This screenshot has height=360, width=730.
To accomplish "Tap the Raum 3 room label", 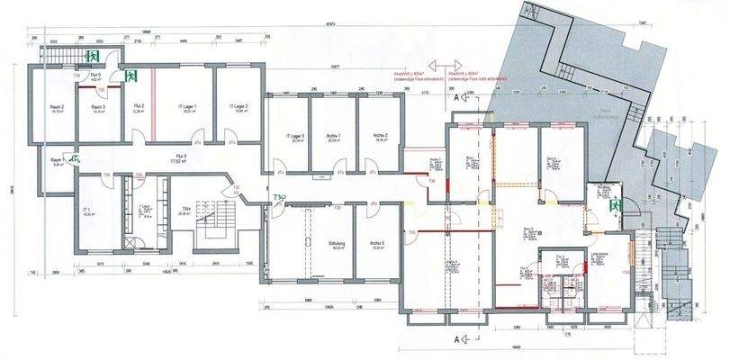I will click(x=98, y=107).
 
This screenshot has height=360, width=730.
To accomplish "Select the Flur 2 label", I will click(x=139, y=107).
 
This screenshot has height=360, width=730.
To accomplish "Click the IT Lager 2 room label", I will click(x=238, y=107).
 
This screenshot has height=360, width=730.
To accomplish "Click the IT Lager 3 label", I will click(x=297, y=135).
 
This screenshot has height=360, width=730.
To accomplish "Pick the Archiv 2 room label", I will click(x=379, y=135).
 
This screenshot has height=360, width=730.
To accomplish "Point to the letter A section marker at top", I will click(x=458, y=94).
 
